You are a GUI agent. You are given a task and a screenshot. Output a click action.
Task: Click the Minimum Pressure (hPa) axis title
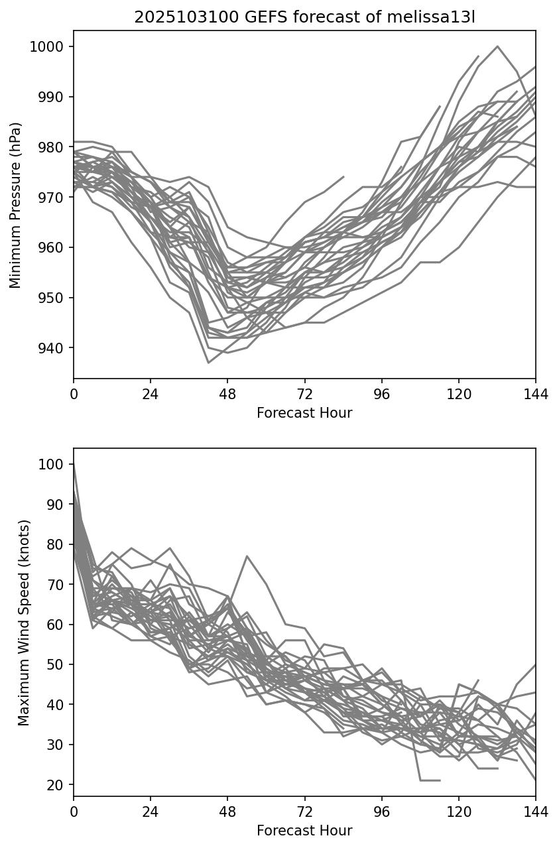[x=16, y=205]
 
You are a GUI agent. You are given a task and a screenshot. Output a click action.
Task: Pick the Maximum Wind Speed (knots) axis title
[x=24, y=623]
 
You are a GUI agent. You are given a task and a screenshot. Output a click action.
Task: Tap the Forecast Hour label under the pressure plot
[x=304, y=413]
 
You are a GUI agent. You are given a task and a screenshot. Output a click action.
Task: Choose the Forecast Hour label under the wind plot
[x=304, y=831]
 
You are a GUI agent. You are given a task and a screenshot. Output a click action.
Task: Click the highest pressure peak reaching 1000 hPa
[x=497, y=46]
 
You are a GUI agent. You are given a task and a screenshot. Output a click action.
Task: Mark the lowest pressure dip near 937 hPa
[x=208, y=363]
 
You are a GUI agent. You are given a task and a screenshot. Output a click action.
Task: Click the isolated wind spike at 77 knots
[x=247, y=556]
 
